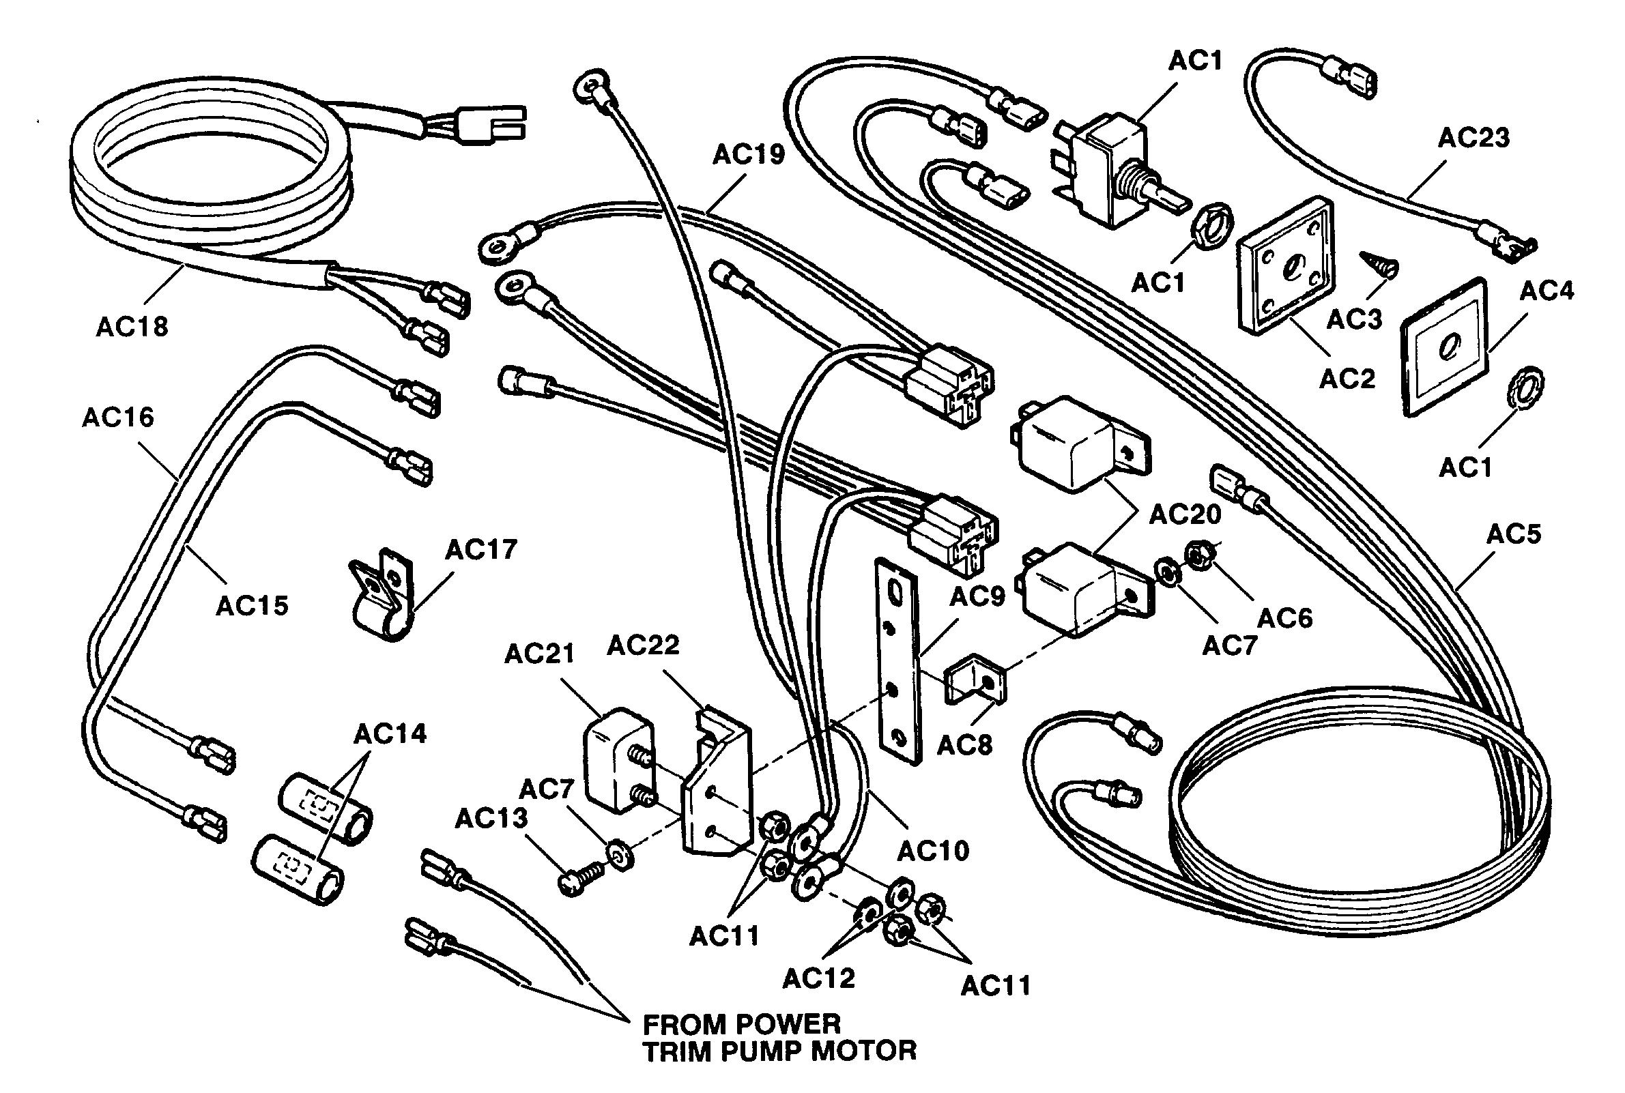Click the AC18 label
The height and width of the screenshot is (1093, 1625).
(x=132, y=326)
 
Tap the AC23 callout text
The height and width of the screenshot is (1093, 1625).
(x=1473, y=138)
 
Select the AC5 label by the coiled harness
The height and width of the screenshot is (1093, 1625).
(x=1514, y=535)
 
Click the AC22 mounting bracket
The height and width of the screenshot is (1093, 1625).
(x=718, y=788)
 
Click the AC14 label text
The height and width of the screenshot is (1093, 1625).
(x=390, y=734)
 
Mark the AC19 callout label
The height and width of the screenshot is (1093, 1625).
(x=748, y=155)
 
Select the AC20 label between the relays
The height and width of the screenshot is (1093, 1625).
(x=1185, y=514)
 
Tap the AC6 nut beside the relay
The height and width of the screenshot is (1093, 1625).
(x=1200, y=555)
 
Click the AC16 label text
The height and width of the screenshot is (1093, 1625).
(x=118, y=418)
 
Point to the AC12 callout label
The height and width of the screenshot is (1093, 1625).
(x=818, y=978)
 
